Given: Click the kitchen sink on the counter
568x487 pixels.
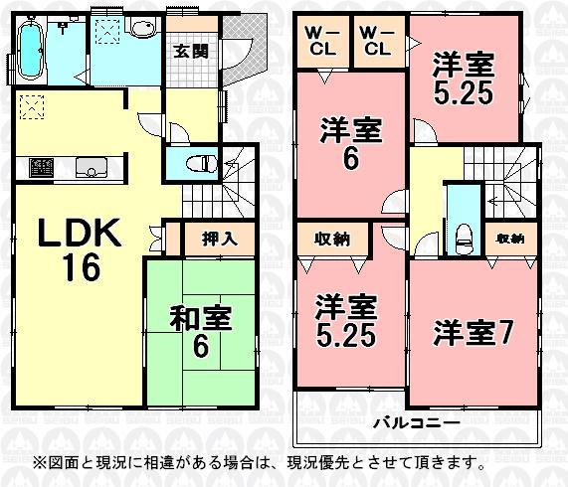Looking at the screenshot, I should click(x=92, y=166).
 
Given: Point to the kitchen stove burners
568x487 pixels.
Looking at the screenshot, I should click(x=40, y=165).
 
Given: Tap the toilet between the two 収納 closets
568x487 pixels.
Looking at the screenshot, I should click(x=462, y=236).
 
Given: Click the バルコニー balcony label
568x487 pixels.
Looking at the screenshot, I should click(x=415, y=421).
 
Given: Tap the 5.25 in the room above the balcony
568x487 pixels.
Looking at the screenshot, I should click(x=346, y=336).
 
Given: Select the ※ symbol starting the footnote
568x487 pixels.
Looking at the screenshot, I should click(x=41, y=462).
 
